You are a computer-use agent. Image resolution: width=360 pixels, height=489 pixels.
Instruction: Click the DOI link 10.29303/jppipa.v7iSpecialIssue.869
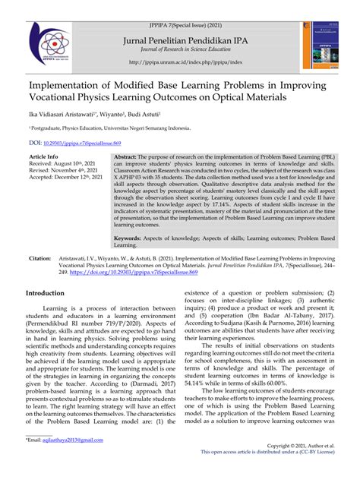pyautogui.click(x=93, y=141)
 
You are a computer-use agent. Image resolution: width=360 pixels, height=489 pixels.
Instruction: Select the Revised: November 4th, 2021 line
pyautogui.click(x=66, y=170)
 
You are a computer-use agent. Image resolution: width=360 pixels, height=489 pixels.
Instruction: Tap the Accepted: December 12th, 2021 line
pyautogui.click(x=68, y=178)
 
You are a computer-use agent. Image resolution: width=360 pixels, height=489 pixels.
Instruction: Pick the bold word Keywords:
pyautogui.click(x=128, y=238)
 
